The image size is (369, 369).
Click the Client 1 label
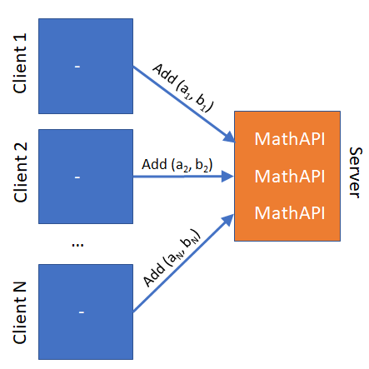[x=20, y=63]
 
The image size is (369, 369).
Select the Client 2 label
[x=20, y=172]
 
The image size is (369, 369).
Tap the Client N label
[x=20, y=313]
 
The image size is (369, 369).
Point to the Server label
[x=355, y=172]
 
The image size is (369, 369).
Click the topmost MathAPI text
[x=290, y=138]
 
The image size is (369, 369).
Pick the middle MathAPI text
[x=290, y=176]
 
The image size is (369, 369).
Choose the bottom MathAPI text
[x=290, y=213]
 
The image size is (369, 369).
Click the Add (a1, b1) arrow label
[x=183, y=87]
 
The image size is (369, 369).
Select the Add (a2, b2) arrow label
[x=177, y=165]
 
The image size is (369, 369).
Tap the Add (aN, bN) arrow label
[x=172, y=257]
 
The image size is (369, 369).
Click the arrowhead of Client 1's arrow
[x=230, y=137]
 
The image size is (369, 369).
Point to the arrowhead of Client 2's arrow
[x=227, y=177]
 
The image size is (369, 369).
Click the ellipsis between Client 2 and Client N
[x=77, y=245]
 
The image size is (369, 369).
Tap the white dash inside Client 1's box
[x=77, y=67]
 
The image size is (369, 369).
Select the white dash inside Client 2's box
[x=77, y=177]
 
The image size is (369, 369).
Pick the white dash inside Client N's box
[x=82, y=312]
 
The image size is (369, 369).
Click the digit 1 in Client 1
[x=21, y=37]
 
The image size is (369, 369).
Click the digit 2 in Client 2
[x=21, y=147]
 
